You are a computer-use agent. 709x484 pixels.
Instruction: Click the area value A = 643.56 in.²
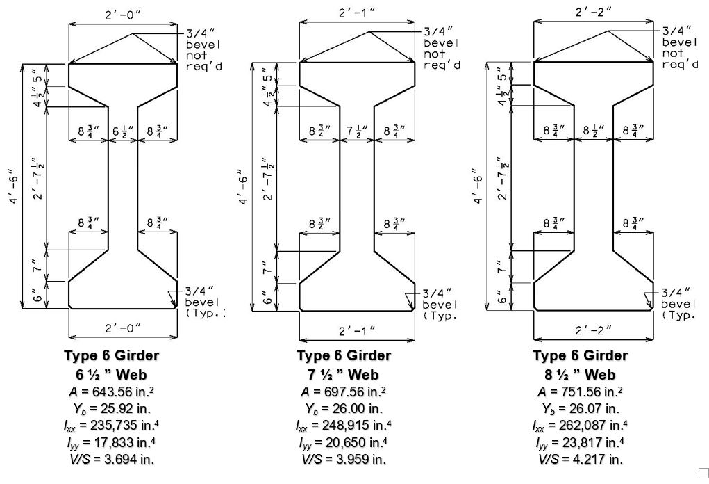click(x=112, y=392)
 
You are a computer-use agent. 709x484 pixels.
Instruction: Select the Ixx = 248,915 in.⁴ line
click(x=344, y=425)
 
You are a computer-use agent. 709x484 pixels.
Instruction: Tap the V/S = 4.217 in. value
click(x=581, y=459)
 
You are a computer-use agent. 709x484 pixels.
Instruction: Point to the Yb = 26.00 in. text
click(x=344, y=408)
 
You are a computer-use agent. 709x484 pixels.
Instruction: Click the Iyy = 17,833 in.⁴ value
click(x=112, y=442)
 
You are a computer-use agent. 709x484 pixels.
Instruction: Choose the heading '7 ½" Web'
click(x=344, y=374)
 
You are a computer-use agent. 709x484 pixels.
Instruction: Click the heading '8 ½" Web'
click(x=581, y=374)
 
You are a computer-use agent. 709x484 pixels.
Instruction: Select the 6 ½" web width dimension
click(x=123, y=131)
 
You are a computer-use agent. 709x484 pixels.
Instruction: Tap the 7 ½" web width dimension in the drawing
click(x=357, y=131)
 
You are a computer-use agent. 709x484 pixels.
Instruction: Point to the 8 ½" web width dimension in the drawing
click(x=593, y=131)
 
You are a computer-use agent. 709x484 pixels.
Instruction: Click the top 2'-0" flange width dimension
click(x=123, y=14)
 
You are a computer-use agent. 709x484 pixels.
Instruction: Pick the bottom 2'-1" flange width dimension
click(x=357, y=331)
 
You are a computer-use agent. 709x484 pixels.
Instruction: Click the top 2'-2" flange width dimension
click(x=594, y=13)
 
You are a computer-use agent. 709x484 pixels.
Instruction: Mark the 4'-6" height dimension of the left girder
click(x=15, y=186)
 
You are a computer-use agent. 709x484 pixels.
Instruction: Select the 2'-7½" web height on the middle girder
click(x=269, y=179)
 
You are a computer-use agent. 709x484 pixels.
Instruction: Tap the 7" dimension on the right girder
click(x=501, y=266)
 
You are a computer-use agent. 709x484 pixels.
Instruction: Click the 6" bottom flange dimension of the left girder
click(x=38, y=296)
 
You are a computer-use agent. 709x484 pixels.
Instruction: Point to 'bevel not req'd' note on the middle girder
click(x=442, y=54)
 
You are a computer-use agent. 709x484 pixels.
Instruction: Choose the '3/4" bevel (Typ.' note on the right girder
click(x=677, y=303)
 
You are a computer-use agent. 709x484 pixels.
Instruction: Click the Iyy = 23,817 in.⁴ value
click(x=581, y=442)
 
